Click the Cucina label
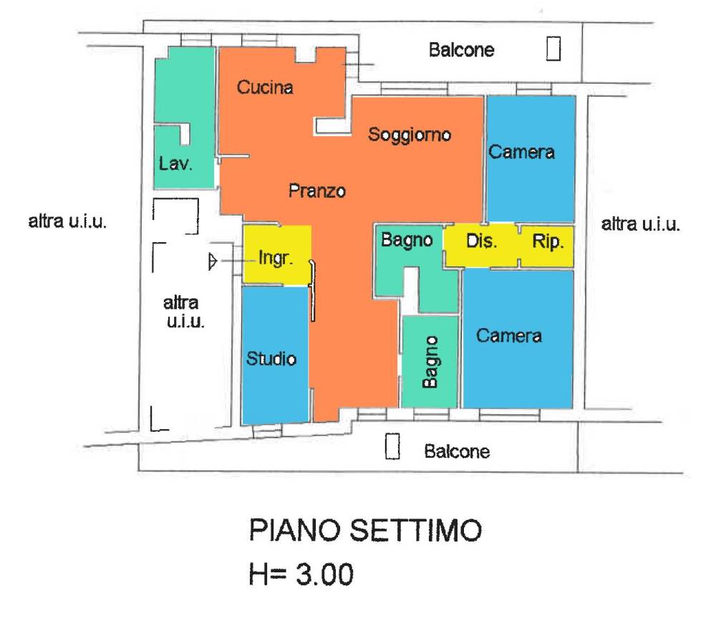[265, 88]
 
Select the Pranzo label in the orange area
[317, 191]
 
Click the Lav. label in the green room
[175, 164]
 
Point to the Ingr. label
[276, 259]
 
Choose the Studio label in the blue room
[271, 358]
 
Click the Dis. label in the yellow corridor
[482, 241]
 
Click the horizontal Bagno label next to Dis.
[407, 241]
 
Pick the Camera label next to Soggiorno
[521, 153]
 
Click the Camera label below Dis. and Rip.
[509, 336]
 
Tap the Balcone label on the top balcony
[461, 50]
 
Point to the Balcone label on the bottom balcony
[457, 452]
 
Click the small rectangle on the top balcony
[553, 49]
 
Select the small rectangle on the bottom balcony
[392, 446]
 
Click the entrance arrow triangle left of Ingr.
[211, 262]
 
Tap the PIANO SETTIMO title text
[364, 532]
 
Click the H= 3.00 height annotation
[301, 574]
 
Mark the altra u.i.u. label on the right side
[640, 224]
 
